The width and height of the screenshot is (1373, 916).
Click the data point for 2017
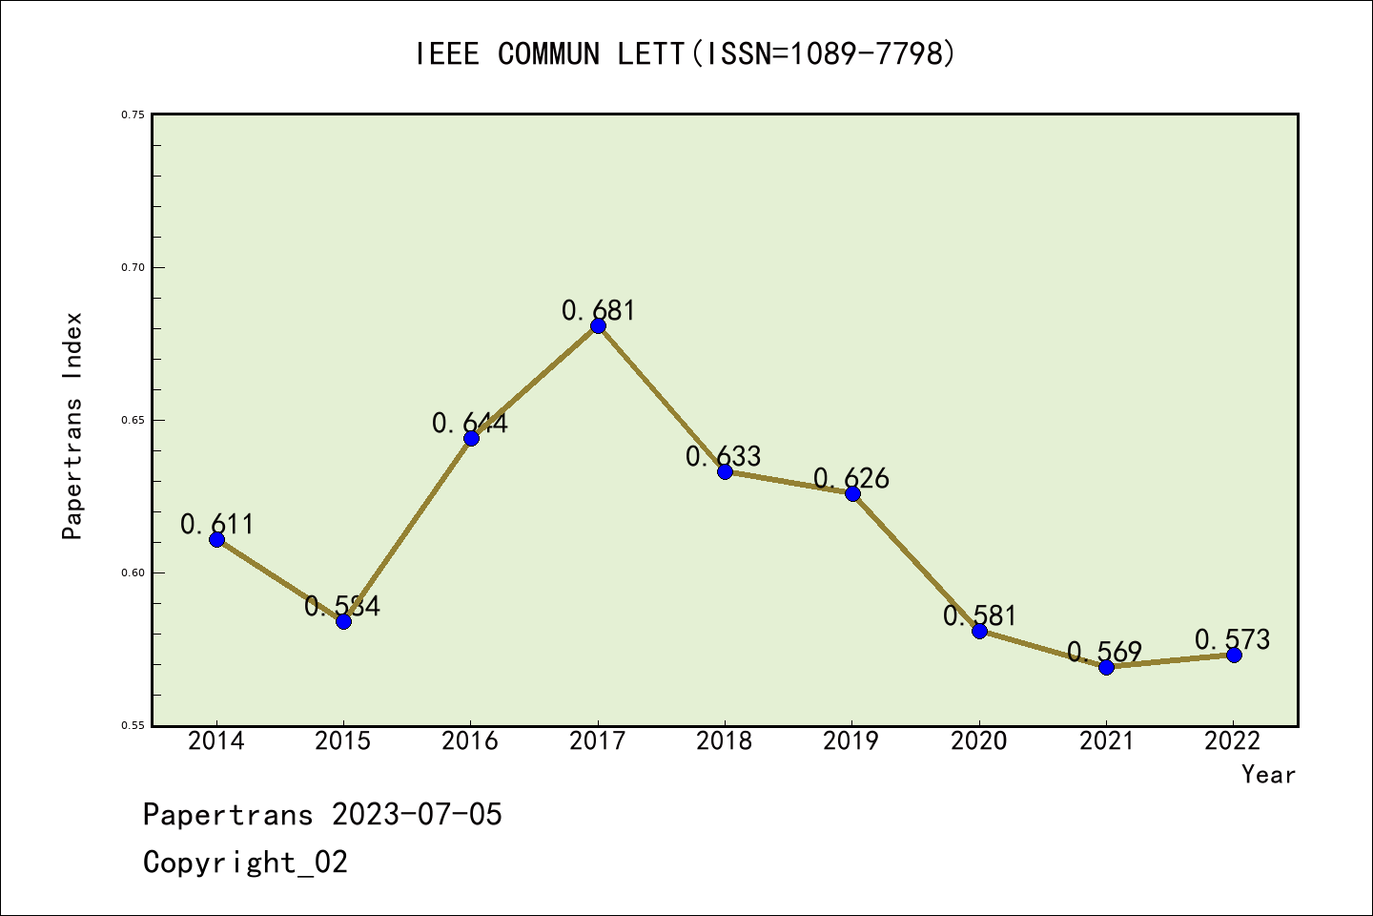[x=598, y=325]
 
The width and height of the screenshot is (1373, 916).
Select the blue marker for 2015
[x=343, y=621]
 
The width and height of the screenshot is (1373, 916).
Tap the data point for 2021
[x=1106, y=667]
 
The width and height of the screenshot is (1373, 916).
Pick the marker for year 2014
[x=216, y=539]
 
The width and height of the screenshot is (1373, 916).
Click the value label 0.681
[x=598, y=310]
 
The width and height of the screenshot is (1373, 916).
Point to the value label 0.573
[x=1232, y=639]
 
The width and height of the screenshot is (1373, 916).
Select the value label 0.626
[x=851, y=478]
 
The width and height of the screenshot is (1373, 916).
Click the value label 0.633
[x=724, y=456]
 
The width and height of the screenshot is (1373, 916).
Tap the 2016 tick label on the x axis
[x=470, y=741]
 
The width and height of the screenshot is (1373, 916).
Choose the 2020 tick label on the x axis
[x=978, y=741]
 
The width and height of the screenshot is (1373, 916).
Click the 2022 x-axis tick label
[x=1233, y=741]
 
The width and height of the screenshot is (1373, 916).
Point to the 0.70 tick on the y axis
[x=133, y=267]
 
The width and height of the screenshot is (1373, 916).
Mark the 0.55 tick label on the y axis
[x=133, y=726]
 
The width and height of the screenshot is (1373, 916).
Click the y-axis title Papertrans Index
[x=73, y=426]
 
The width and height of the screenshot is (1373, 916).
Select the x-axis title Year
[x=1268, y=775]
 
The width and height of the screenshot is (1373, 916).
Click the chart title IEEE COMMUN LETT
[x=685, y=54]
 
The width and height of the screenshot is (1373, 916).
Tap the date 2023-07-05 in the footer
[x=417, y=815]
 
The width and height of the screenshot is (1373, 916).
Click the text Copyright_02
[x=245, y=863]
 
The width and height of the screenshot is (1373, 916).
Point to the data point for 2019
[x=852, y=493]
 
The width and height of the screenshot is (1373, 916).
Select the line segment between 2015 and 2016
[x=407, y=530]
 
